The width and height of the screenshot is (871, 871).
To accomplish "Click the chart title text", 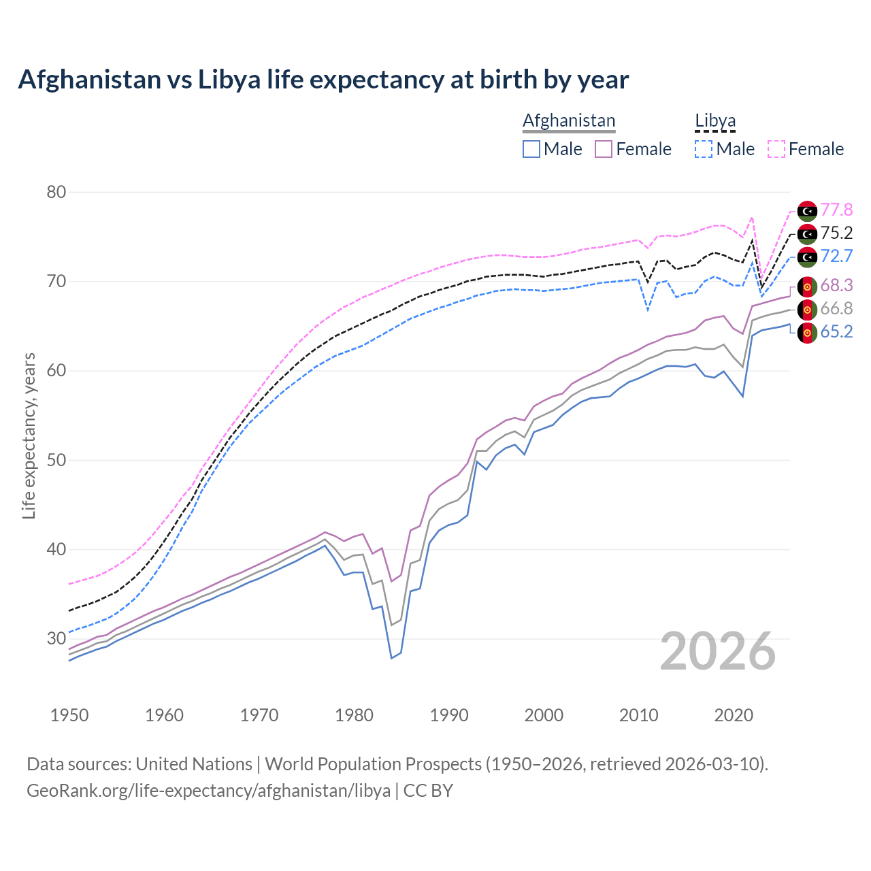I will click(323, 80).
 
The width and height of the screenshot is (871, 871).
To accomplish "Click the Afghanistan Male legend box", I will click(531, 149).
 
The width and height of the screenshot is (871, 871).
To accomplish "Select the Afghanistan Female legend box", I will click(604, 149).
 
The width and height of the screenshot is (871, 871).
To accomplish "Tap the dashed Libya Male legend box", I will click(704, 149).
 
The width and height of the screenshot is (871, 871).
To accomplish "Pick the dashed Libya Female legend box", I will click(776, 149).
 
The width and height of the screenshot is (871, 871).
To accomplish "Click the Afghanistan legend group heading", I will click(569, 120).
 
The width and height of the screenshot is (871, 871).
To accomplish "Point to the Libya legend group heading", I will click(715, 120).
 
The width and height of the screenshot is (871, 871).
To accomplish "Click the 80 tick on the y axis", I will click(56, 193).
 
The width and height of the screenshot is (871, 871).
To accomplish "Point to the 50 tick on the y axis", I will click(56, 461).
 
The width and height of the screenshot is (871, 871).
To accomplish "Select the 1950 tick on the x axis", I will click(69, 715).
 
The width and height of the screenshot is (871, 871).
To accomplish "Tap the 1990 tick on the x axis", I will click(449, 715).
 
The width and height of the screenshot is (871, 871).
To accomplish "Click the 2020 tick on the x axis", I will click(734, 715).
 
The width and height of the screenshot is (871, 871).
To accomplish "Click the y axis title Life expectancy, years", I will click(29, 435).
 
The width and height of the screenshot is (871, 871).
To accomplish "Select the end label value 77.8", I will click(836, 210).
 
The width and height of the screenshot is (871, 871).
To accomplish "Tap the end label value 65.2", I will click(836, 332).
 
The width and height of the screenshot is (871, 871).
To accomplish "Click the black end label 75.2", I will click(836, 233).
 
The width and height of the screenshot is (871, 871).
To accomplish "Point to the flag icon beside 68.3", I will click(807, 286).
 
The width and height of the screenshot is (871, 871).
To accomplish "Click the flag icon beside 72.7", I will click(807, 257).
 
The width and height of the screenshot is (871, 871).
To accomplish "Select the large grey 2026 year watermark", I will click(718, 651).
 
